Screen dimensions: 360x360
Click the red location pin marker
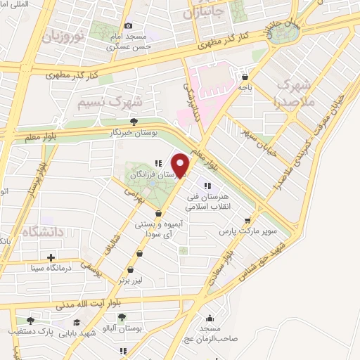tap(181, 166)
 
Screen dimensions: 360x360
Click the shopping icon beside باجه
tap(244, 77)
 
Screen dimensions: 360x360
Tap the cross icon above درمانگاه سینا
tap(49, 257)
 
